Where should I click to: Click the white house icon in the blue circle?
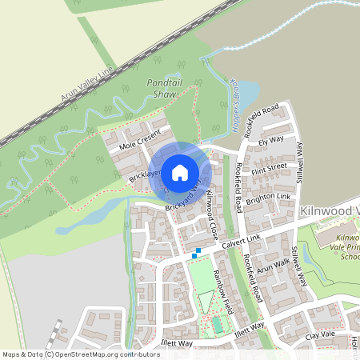[x=179, y=171]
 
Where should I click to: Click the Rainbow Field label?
[x=223, y=291]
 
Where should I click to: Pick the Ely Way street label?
[x=271, y=140]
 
